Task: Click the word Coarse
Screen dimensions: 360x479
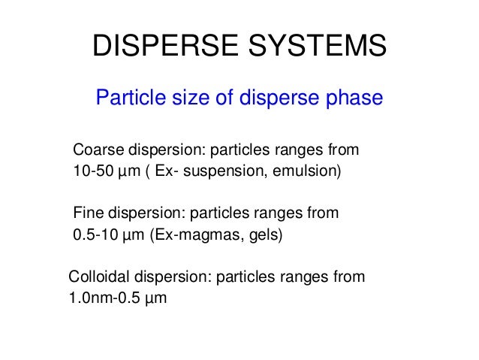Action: (x=95, y=150)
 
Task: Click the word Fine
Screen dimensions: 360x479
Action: (x=87, y=213)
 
